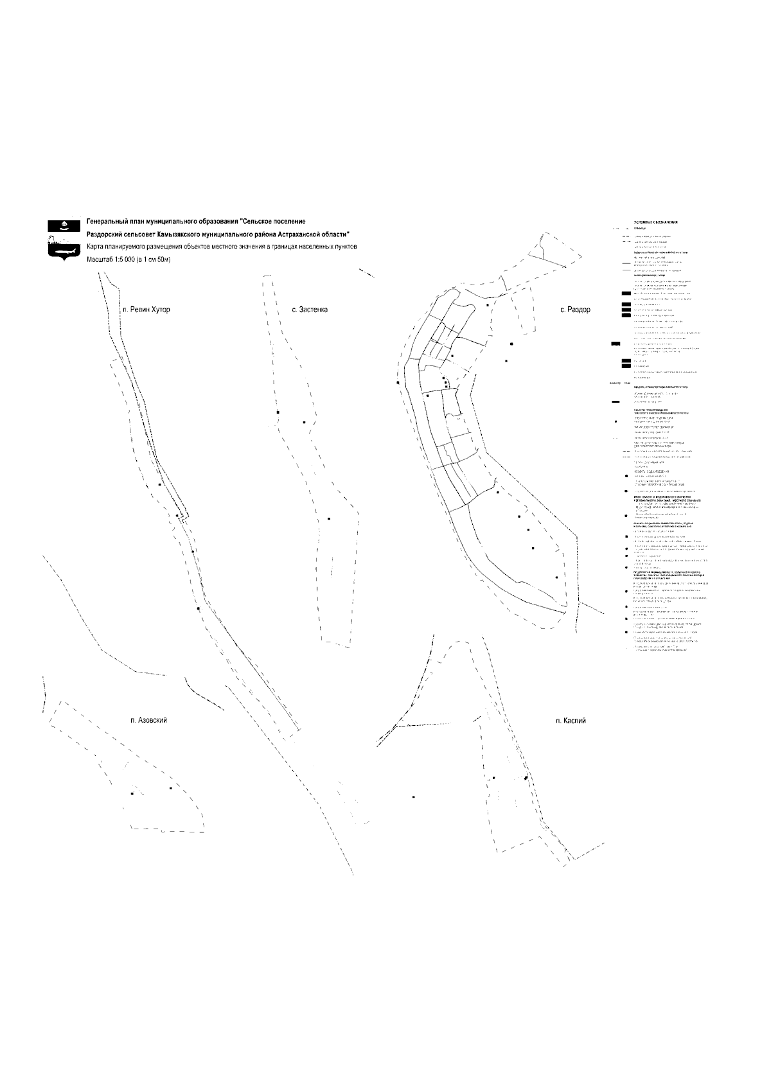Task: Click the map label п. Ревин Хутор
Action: [x=146, y=310]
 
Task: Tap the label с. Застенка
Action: [x=310, y=310]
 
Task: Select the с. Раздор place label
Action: [x=575, y=310]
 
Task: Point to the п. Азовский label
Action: [x=148, y=720]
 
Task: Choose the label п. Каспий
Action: [x=571, y=721]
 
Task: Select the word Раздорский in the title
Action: [x=104, y=234]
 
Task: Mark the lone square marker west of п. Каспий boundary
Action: [x=413, y=796]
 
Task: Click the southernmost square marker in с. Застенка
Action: [x=329, y=519]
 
